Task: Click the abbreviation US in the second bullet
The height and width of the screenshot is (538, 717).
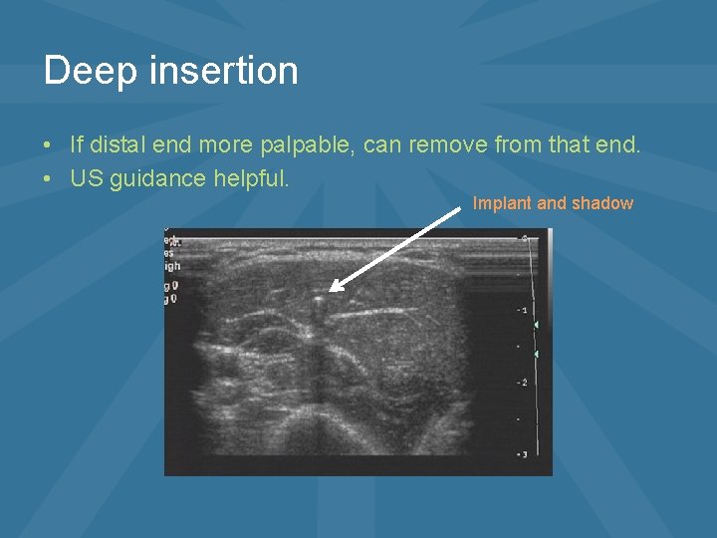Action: tap(85, 179)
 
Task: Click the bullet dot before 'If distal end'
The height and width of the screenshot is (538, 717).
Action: tap(49, 146)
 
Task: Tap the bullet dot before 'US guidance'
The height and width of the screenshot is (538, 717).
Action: tap(49, 180)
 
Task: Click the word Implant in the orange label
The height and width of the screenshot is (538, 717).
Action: tap(503, 203)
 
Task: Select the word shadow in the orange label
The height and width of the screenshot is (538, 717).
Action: tap(601, 203)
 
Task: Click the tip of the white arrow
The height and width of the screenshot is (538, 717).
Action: tap(331, 290)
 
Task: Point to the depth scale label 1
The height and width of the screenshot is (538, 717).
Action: tap(523, 311)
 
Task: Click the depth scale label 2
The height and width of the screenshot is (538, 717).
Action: tap(523, 383)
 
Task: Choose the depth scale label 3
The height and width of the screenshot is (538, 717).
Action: tap(523, 454)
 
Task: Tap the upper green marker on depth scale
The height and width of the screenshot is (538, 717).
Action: tap(536, 326)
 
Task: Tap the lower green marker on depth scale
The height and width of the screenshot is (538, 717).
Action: tap(536, 354)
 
